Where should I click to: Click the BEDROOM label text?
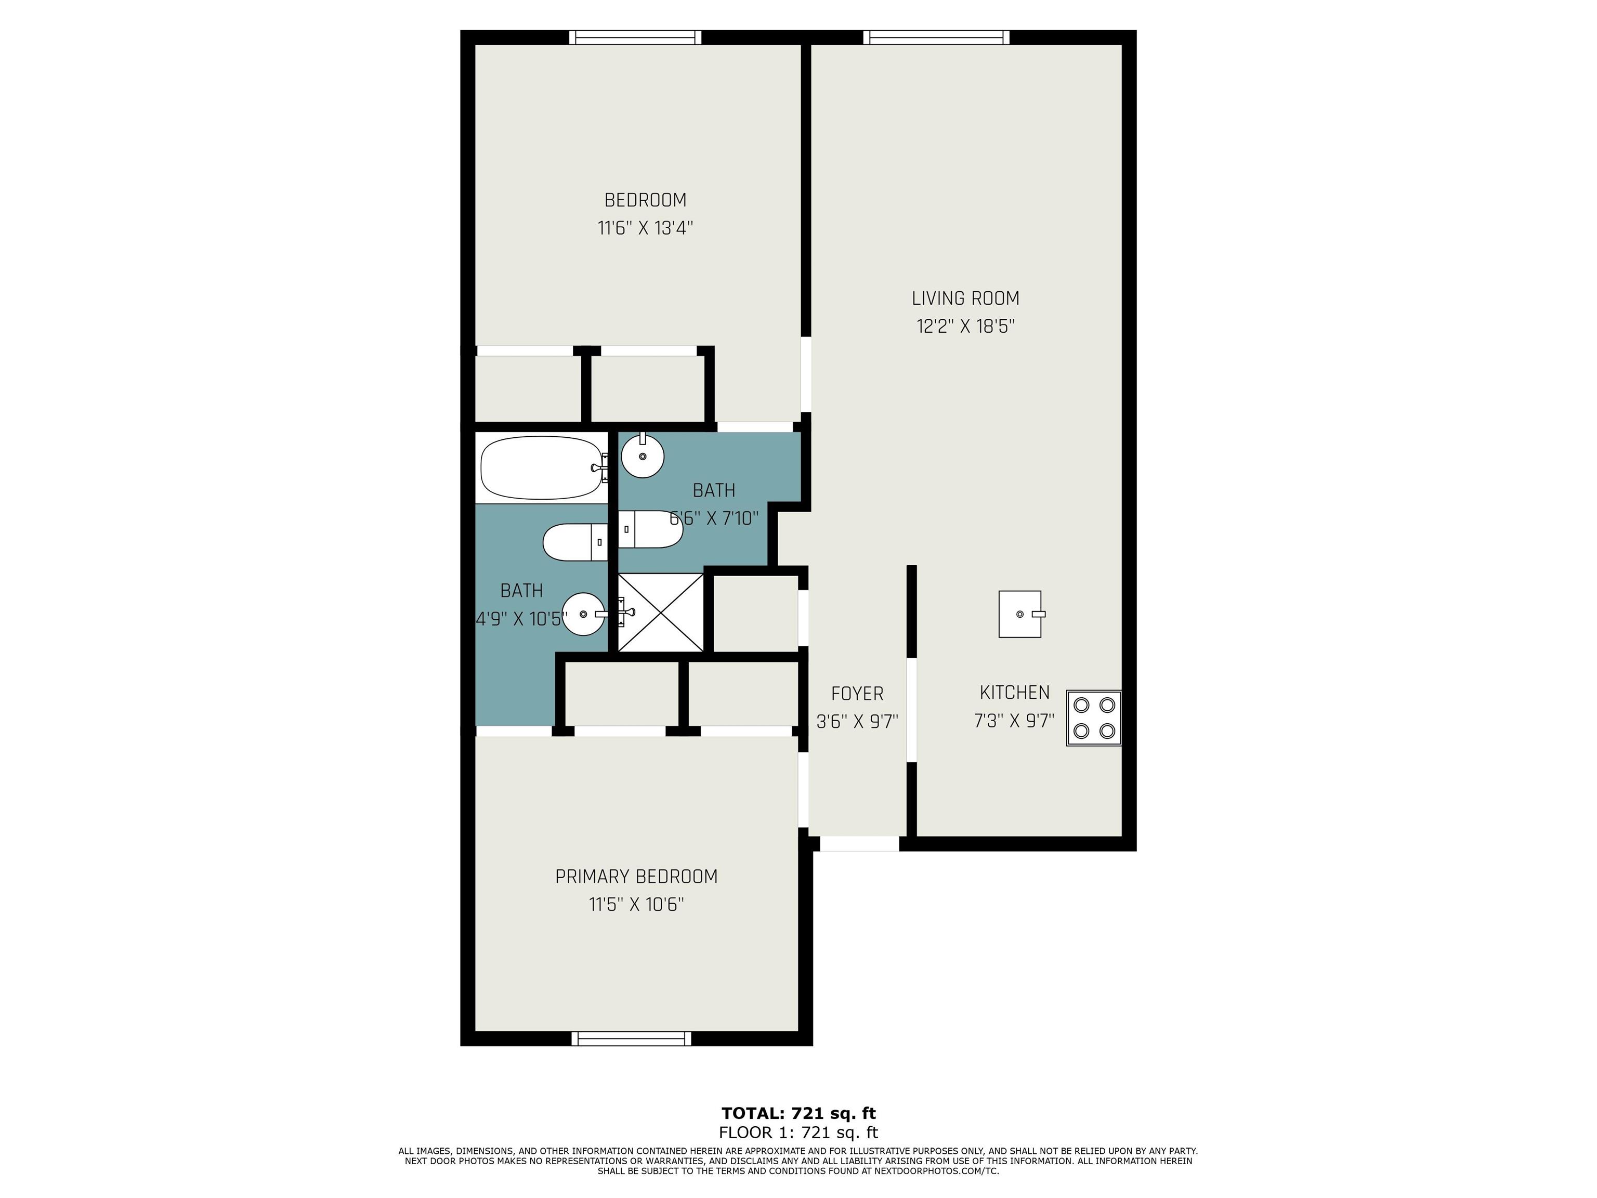645,200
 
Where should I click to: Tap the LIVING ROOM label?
965,298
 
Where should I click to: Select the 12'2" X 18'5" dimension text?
965,327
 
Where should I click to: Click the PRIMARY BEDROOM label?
636,877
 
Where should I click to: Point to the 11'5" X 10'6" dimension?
636,905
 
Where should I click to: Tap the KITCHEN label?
1014,693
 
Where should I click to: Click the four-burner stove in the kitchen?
1094,718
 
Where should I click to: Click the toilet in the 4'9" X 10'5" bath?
575,542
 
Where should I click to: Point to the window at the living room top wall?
936,37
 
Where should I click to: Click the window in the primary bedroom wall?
631,1038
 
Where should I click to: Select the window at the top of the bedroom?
635,37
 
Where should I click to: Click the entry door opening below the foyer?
859,843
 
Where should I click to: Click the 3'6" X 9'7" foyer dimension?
857,721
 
